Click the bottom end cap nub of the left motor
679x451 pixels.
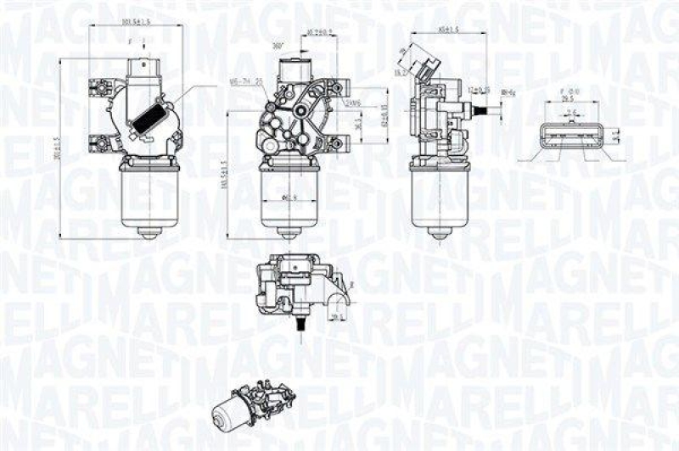click(150, 235)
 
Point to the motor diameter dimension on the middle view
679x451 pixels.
click(289, 199)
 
